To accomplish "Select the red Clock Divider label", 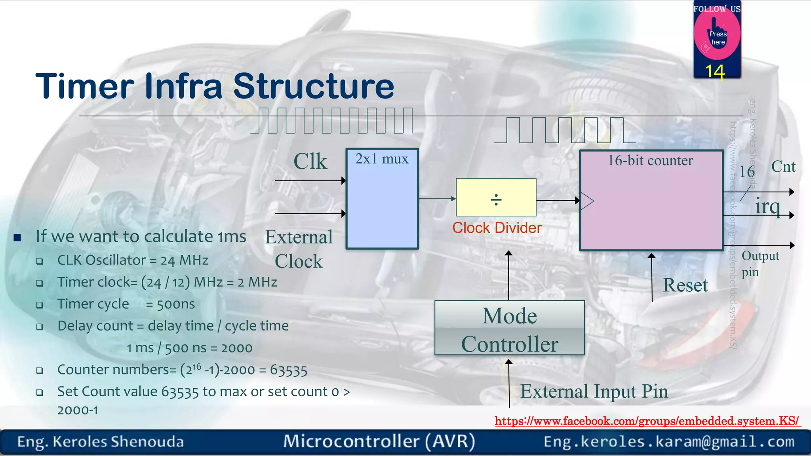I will (497, 228).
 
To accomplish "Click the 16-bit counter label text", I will (650, 161).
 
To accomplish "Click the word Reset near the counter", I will (685, 285).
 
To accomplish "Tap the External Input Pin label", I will (594, 391).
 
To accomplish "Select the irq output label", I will (767, 206).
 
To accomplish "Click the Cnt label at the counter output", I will (783, 167).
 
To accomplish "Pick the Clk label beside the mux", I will (310, 161).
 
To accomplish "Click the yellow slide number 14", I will (715, 72).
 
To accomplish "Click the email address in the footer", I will (669, 441).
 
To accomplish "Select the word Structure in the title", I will (314, 86).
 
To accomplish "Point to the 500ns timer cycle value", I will (176, 304).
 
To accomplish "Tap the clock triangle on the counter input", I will (587, 201).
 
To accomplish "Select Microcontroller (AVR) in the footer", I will (379, 441).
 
